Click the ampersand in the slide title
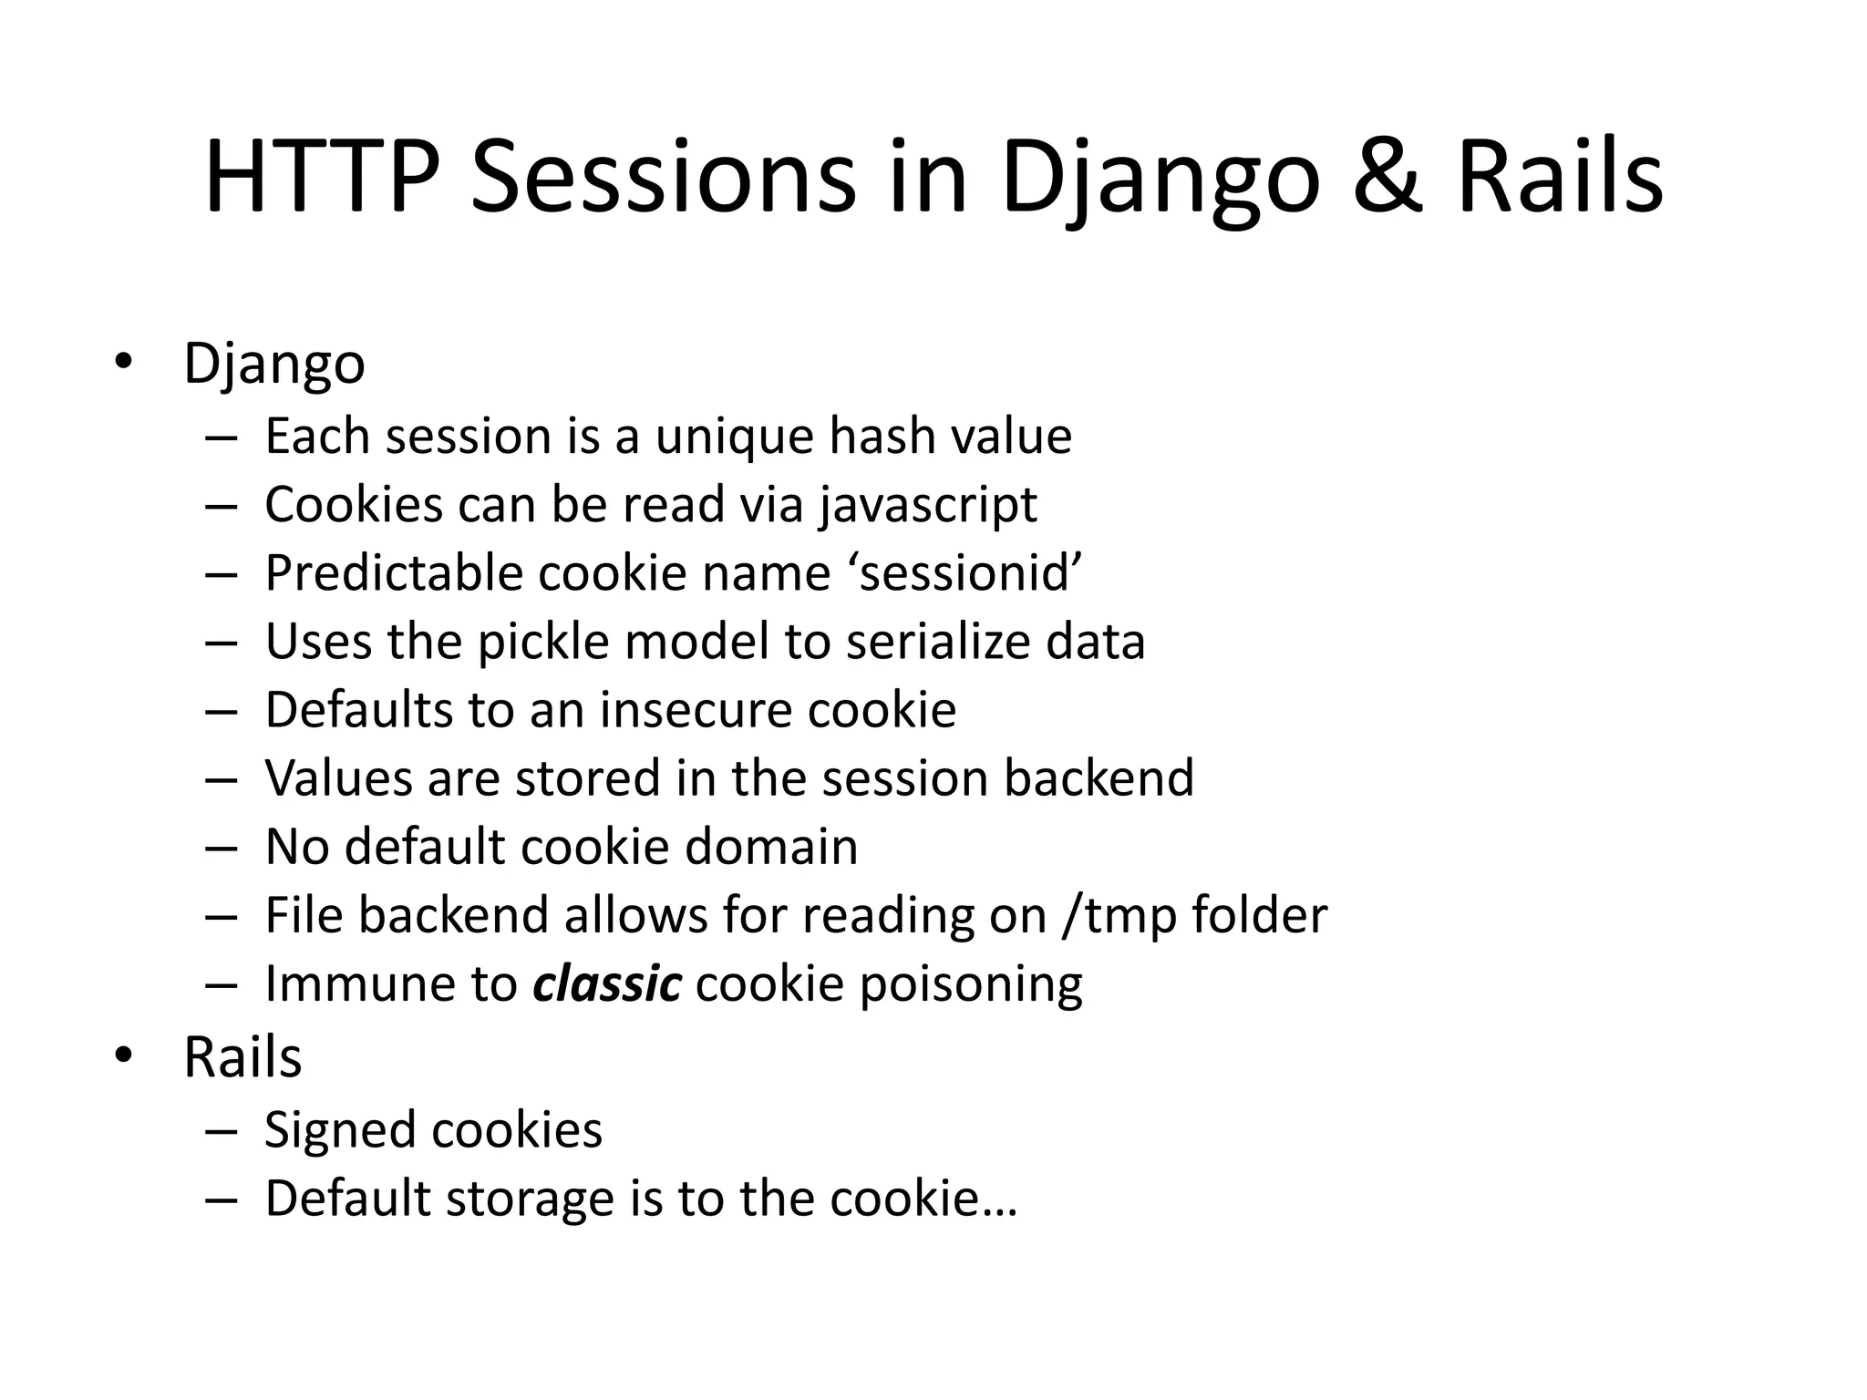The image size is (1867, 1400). tap(1387, 179)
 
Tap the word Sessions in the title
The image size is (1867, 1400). tap(663, 179)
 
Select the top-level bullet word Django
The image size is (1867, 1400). tap(274, 365)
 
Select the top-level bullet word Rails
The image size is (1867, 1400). tap(242, 1057)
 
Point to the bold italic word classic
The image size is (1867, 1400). tap(607, 984)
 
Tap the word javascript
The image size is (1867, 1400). tap(928, 506)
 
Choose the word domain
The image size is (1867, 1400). tap(771, 847)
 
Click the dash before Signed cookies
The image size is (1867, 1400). tap(222, 1131)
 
